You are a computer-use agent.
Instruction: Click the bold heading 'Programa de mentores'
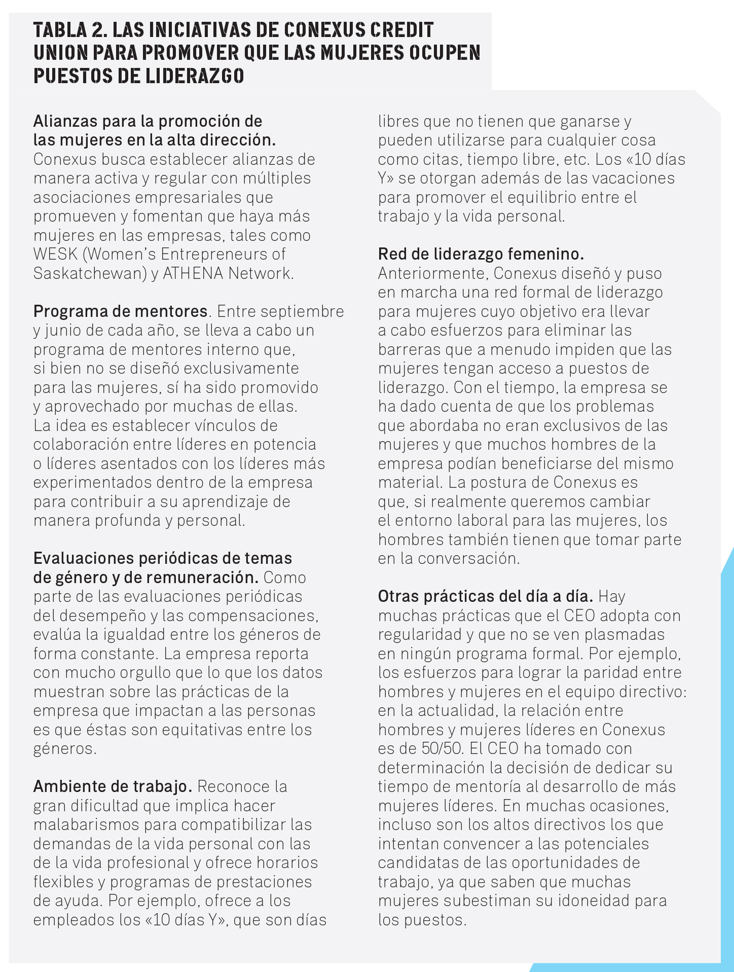[x=120, y=311]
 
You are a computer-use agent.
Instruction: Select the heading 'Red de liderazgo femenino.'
[x=481, y=254]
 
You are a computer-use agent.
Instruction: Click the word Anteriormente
[x=433, y=273]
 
